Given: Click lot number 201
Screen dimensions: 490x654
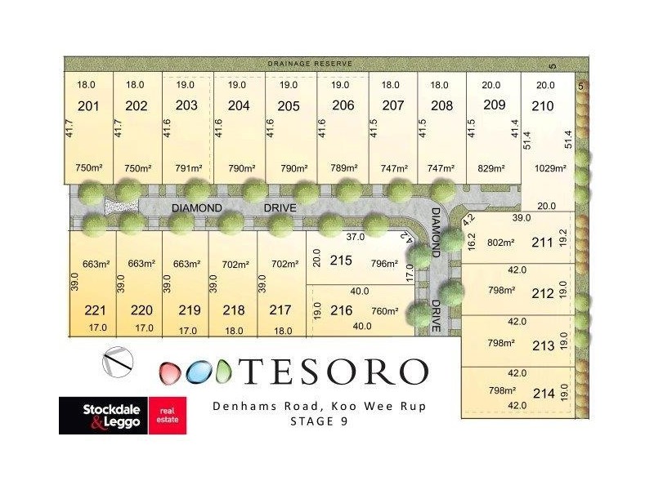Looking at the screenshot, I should click(87, 105).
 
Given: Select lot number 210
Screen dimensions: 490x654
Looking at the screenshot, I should click(542, 105).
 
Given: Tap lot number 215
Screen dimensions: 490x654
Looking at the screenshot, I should click(341, 261).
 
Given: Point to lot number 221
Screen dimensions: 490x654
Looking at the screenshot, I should click(96, 310).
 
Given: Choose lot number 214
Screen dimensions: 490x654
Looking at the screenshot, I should click(544, 393).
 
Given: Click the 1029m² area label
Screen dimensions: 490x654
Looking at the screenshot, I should click(549, 168).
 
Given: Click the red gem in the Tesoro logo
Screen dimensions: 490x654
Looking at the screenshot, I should click(169, 372).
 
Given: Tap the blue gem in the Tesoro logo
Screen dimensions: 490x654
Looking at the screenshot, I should click(197, 372).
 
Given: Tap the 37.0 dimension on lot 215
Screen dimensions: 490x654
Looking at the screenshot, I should click(354, 238).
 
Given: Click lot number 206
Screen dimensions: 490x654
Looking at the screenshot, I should click(343, 105).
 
